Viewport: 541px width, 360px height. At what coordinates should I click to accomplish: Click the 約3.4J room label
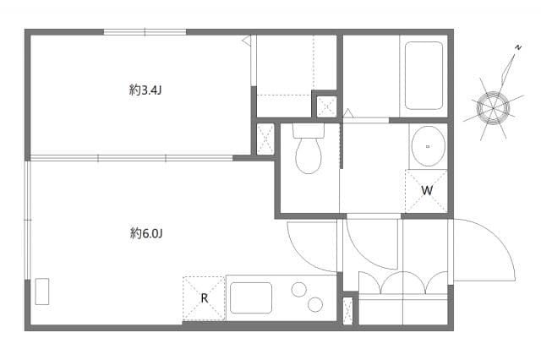(146, 90)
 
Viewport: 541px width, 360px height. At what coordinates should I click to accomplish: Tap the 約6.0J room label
(146, 232)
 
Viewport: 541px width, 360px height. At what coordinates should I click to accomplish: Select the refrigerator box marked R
(204, 298)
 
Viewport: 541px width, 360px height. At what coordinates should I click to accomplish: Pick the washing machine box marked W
(426, 191)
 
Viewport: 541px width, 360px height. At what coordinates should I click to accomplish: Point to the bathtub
(424, 75)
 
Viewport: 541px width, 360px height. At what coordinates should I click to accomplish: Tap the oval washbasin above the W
(427, 146)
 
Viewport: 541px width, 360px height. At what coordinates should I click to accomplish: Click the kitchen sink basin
(251, 297)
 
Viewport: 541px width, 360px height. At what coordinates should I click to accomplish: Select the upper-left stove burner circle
(299, 290)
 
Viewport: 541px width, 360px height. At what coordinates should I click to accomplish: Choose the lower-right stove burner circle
(315, 304)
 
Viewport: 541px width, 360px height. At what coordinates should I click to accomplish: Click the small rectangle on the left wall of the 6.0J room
(42, 291)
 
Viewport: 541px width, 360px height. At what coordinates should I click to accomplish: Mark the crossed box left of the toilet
(265, 139)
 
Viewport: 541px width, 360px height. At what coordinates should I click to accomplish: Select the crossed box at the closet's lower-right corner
(325, 106)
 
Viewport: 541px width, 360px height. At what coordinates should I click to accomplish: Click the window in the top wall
(145, 32)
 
